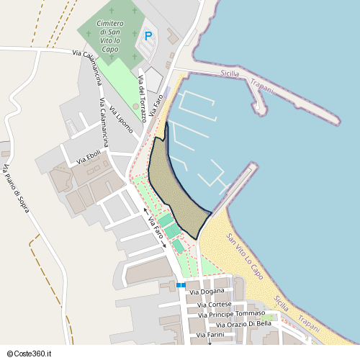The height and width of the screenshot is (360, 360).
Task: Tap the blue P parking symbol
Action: (148, 35)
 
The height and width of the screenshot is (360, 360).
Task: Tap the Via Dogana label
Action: (207, 292)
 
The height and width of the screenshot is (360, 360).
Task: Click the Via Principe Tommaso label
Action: (231, 314)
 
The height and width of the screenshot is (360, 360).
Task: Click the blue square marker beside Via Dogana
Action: (180, 285)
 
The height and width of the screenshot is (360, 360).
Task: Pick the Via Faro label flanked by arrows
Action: (155, 230)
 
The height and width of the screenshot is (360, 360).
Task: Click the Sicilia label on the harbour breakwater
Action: (230, 75)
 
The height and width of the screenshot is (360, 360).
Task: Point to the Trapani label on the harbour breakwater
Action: (263, 86)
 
